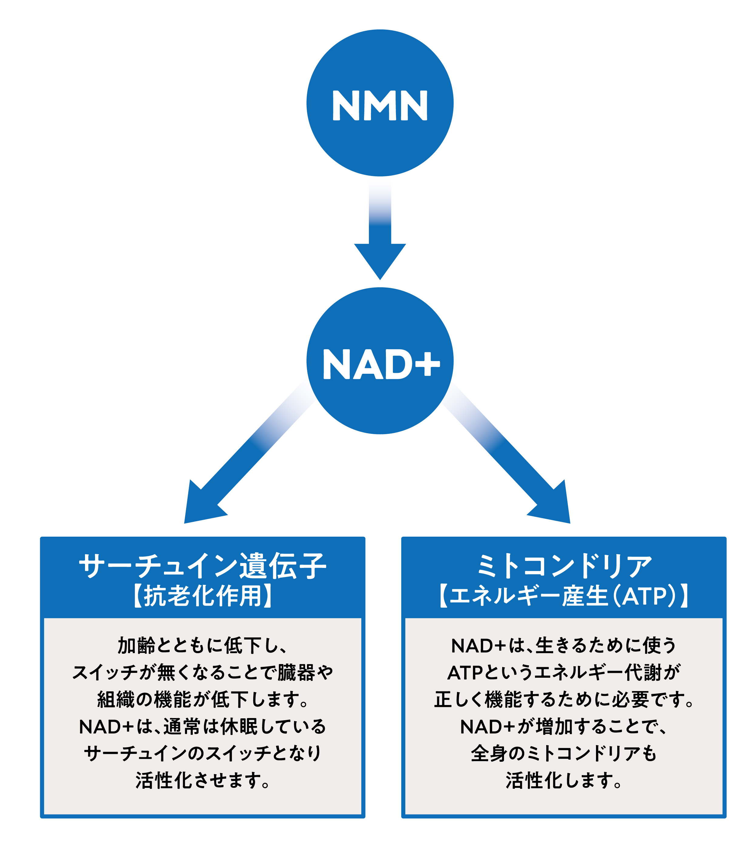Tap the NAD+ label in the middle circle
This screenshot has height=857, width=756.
coord(381,364)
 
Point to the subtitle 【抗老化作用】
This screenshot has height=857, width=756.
coord(203,596)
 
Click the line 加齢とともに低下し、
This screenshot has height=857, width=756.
coord(203,646)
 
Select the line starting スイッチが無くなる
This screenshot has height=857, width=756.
coord(203,673)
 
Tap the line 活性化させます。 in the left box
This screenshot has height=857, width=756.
coord(203,781)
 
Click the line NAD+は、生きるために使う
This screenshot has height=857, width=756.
coord(564,646)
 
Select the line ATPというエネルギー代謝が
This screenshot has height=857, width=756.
coord(564,673)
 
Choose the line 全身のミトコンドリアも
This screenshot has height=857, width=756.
coord(564,754)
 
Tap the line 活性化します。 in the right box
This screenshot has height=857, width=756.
coord(564,781)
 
